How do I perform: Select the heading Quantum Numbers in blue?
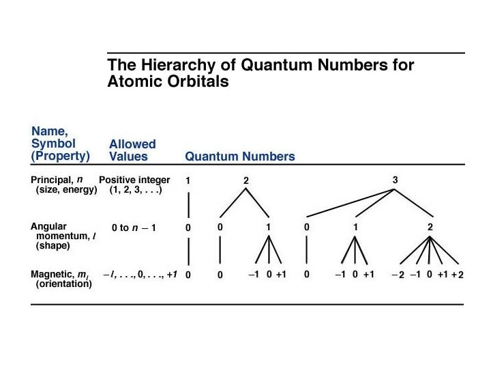(x=240, y=156)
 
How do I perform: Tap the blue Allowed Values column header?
(x=132, y=150)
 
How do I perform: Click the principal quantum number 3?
(x=396, y=180)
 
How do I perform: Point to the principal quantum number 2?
(x=246, y=180)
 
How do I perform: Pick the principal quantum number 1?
(x=188, y=180)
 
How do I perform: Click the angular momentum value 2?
(x=430, y=228)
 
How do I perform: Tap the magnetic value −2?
(x=398, y=275)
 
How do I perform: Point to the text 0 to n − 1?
(x=134, y=228)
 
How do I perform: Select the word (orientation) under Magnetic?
(x=63, y=284)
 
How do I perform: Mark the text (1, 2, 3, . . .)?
(x=135, y=190)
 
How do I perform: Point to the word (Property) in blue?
(x=61, y=156)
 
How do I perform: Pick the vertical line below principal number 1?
(x=188, y=204)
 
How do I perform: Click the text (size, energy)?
(x=66, y=190)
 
